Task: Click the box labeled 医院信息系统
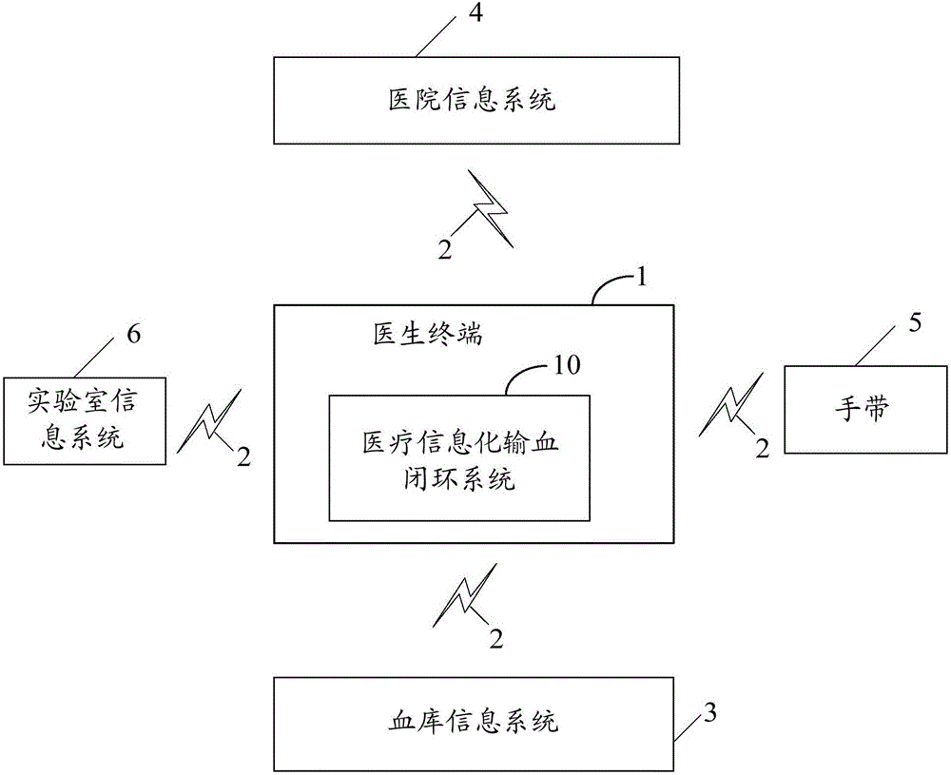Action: [475, 101]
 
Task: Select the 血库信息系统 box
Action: [475, 722]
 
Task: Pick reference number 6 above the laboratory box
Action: [133, 335]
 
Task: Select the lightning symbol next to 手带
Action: [729, 403]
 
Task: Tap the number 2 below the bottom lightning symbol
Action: [495, 639]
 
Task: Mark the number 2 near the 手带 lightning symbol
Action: [761, 450]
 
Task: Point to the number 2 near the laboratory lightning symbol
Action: [244, 458]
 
